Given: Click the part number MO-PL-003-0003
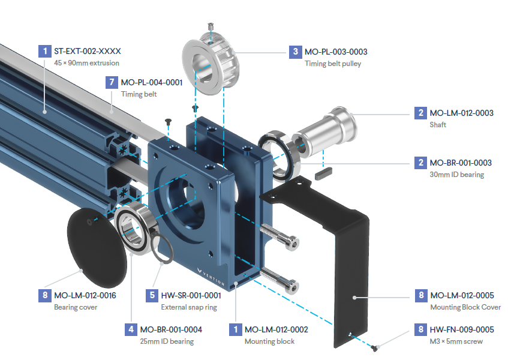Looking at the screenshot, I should pos(336,52).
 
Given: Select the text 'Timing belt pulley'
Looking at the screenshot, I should pos(333,64).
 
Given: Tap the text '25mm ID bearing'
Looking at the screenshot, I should pos(167,341).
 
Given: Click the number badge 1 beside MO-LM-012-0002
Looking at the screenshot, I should pos(235,329).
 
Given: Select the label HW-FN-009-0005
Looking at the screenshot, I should pos(462,329).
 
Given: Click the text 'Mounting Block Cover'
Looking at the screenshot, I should pos(465,307).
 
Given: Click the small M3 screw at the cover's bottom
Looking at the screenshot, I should pos(374,347).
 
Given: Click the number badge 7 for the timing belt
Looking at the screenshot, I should pos(110,82).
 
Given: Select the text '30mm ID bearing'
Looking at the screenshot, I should pos(457,175).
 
